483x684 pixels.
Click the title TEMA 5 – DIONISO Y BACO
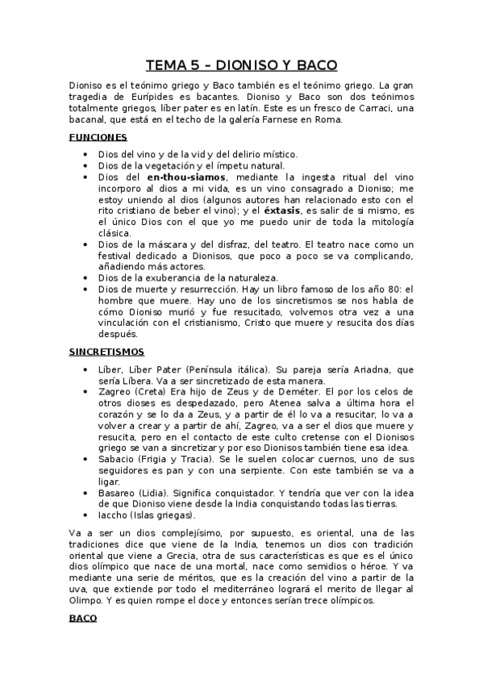[x=241, y=65]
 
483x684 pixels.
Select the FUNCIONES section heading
[x=98, y=137]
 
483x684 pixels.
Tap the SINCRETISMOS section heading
[x=106, y=352]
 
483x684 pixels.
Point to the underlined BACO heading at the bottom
[x=82, y=618]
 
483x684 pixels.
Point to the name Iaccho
[x=113, y=515]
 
